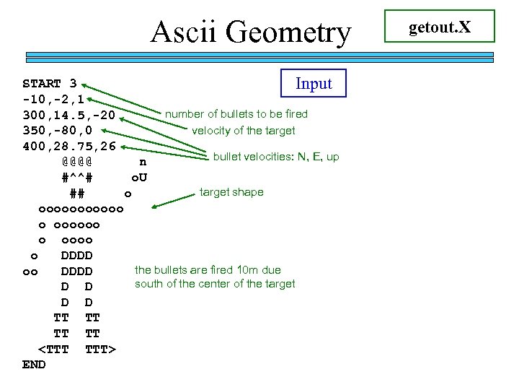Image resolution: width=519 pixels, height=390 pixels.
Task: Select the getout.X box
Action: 440,27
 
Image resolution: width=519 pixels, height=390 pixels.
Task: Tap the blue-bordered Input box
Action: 314,83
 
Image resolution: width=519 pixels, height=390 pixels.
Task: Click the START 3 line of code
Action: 50,83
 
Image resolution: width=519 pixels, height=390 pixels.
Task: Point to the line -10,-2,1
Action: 53,99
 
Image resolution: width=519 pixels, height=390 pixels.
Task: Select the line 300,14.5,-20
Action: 69,116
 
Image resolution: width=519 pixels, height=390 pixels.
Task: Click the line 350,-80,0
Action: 57,131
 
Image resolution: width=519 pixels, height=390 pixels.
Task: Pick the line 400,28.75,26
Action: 69,147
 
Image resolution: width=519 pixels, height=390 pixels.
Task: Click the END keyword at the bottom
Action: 34,365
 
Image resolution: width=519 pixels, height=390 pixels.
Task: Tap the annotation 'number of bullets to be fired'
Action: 236,114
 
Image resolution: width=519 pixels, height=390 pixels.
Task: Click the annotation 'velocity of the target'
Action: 243,131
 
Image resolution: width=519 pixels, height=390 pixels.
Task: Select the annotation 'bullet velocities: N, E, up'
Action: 276,157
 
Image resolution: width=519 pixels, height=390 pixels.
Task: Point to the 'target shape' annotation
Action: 231,192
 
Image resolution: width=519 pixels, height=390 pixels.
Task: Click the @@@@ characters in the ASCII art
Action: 76,162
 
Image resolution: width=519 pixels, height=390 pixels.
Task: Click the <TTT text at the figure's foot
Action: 53,350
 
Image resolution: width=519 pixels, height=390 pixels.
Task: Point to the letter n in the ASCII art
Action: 143,162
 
